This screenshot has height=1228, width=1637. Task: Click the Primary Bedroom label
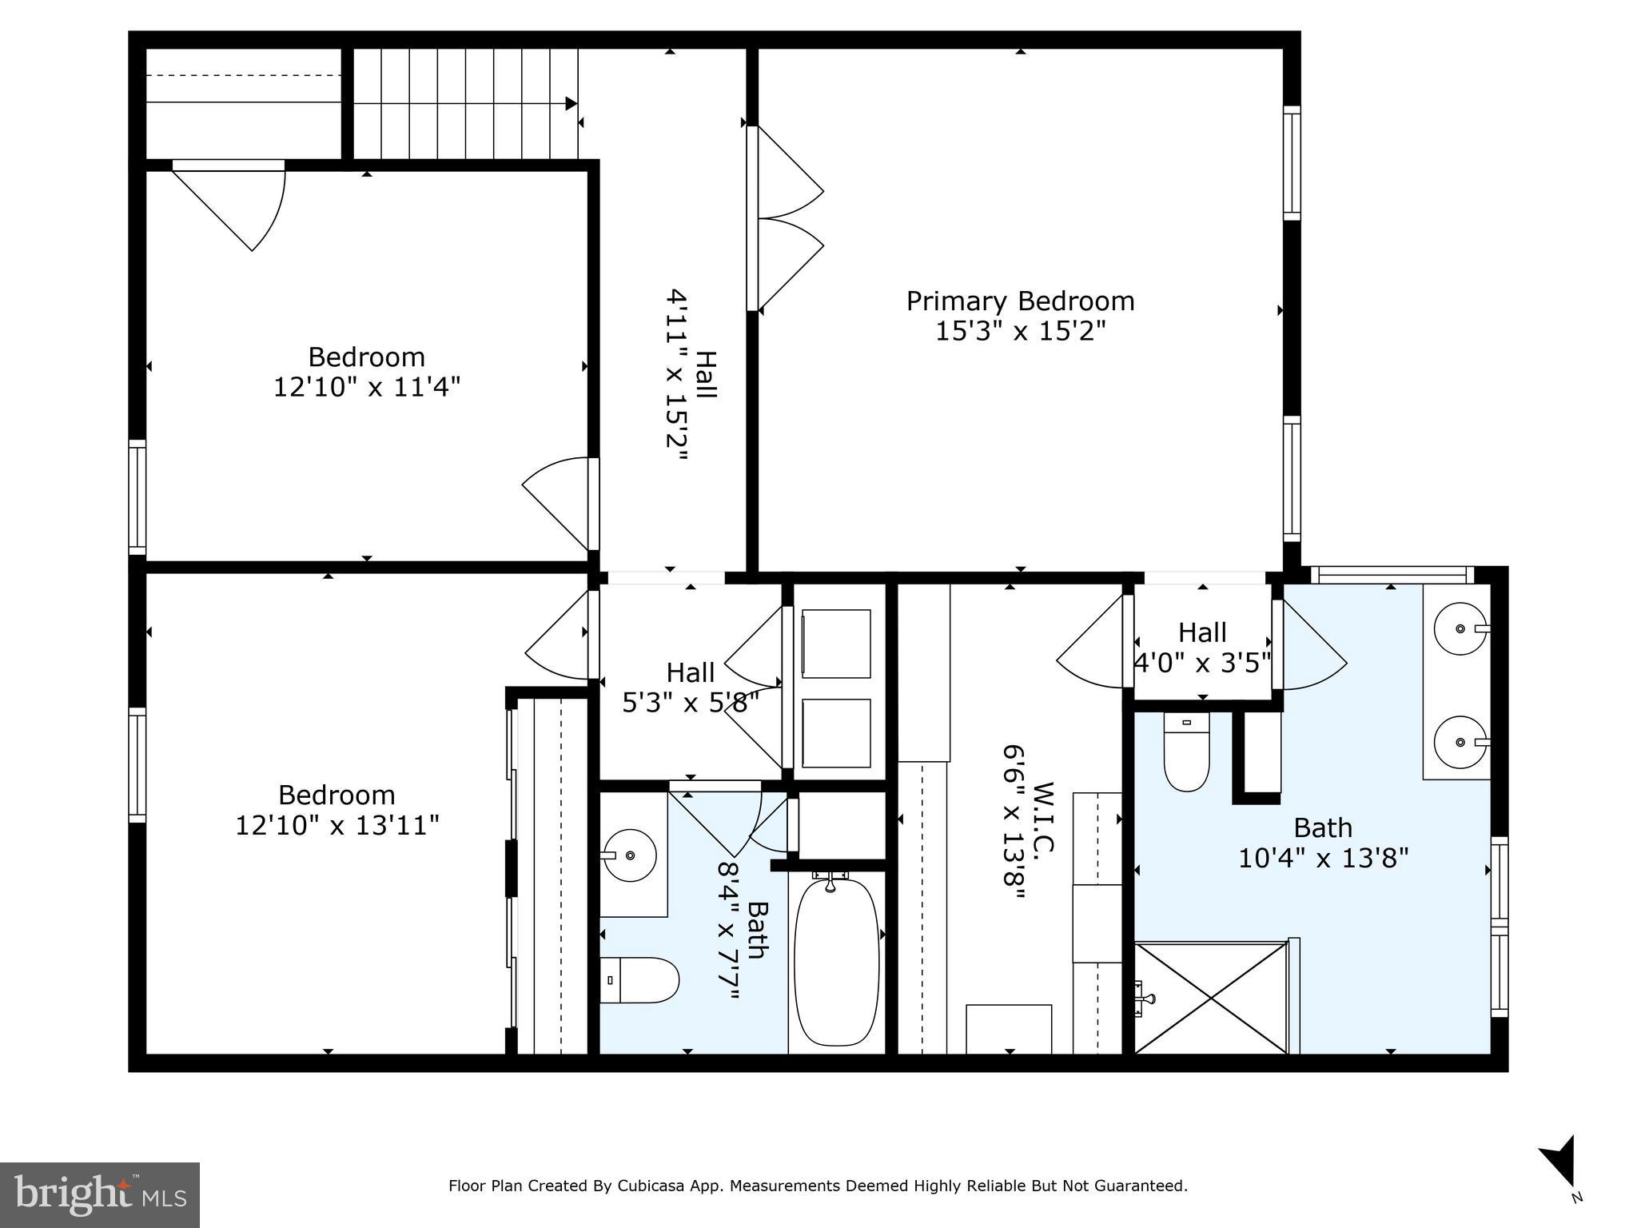pos(1020,301)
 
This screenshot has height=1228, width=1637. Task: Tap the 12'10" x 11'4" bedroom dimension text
pos(367,388)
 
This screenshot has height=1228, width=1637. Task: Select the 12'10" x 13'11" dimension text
pos(337,825)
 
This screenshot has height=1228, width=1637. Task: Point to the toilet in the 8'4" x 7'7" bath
pos(639,980)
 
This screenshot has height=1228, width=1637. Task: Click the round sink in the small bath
pos(630,855)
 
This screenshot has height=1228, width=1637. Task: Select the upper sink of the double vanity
pos(1460,629)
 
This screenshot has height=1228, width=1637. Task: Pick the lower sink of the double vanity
pos(1460,743)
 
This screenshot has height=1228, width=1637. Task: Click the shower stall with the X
pos(1211,999)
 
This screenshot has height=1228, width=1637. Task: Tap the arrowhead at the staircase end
pos(571,104)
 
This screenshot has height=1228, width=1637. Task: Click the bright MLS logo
pos(100,1194)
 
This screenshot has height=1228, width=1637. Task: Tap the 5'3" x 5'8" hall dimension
pos(690,702)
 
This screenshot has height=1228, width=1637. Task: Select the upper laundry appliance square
pos(836,644)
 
